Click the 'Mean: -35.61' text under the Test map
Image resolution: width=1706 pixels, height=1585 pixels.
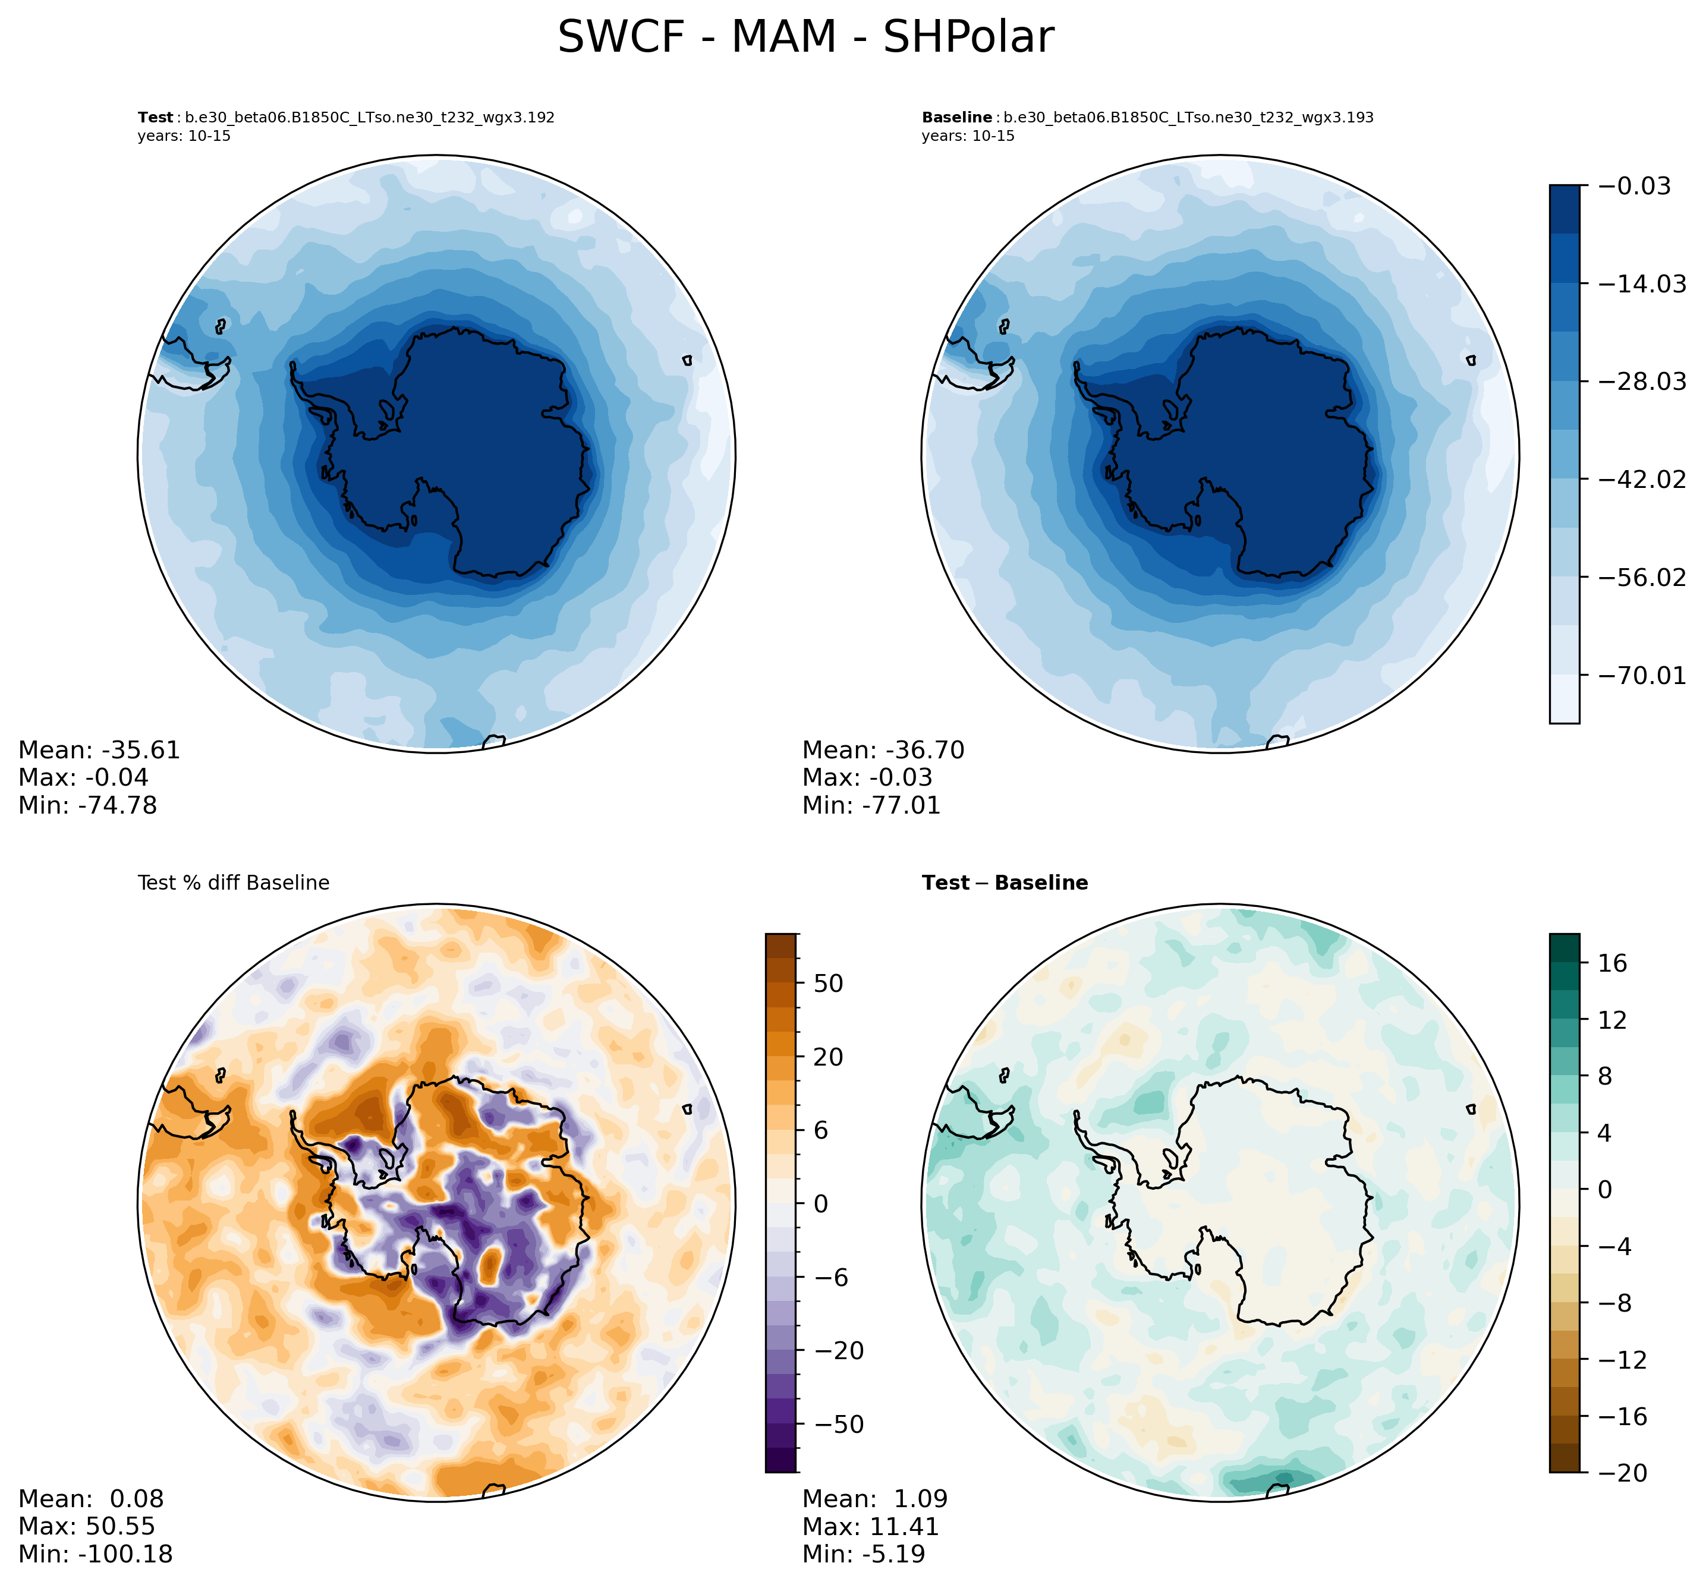pos(99,751)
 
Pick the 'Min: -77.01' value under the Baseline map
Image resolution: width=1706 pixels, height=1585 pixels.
pos(871,805)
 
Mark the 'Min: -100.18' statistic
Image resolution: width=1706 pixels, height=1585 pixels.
pos(95,1554)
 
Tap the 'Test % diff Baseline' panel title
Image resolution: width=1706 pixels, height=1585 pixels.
pos(233,883)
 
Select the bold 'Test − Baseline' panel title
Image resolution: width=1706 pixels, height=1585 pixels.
pos(1005,883)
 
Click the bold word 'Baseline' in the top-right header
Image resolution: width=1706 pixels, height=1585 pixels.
pos(956,118)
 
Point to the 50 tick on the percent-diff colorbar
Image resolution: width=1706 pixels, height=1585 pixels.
pos(827,983)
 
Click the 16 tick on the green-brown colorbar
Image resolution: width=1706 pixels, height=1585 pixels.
pos(1613,963)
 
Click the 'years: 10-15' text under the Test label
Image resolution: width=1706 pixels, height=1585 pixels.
pos(184,136)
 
